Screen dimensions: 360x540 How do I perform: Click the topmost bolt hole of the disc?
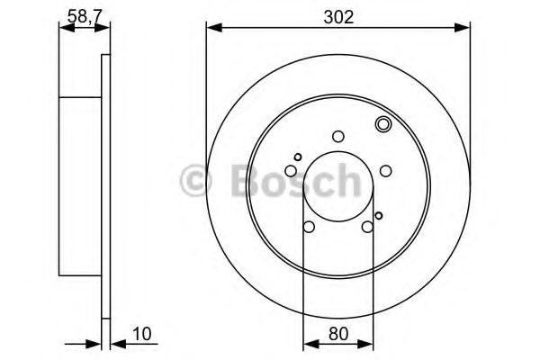[338, 137]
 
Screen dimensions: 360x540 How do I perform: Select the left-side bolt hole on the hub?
[292, 171]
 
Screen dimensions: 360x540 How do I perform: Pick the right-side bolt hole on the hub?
[385, 171]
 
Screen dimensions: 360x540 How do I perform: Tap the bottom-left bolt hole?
[310, 227]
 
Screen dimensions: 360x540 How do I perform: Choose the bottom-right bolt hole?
[367, 227]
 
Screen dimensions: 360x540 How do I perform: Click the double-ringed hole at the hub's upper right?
[382, 125]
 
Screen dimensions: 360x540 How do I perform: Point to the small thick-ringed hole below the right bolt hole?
[379, 214]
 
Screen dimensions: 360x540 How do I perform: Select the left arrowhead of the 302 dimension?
[212, 28]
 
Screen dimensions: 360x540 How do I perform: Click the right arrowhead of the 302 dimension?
[464, 28]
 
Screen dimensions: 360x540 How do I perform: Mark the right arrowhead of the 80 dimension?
[368, 343]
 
